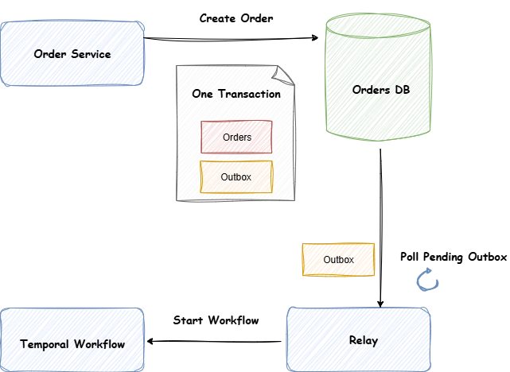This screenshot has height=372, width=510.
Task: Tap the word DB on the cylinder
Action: [x=402, y=90]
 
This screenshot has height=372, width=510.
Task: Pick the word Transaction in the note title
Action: [x=250, y=94]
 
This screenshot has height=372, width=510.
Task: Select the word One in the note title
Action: [x=203, y=94]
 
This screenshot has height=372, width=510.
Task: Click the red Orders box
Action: [x=236, y=137]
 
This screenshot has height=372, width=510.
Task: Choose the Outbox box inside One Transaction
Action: [x=236, y=176]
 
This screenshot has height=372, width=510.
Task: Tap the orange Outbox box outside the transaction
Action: [x=338, y=260]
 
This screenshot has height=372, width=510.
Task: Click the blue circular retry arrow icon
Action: [x=428, y=280]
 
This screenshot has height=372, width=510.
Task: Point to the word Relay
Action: [x=363, y=340]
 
